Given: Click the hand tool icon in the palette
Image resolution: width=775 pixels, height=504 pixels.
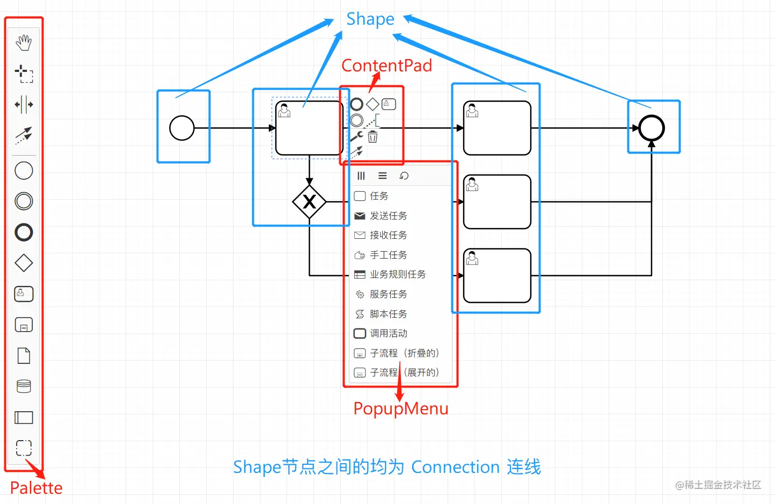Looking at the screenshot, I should [24, 42].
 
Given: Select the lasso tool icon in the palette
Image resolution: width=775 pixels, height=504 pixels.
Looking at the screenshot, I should [24, 74].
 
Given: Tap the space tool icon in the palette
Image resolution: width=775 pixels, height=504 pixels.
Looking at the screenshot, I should [24, 104].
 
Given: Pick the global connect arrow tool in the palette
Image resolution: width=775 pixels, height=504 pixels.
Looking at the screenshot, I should [24, 135].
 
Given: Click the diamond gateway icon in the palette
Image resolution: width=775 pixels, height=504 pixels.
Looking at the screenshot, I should [24, 263].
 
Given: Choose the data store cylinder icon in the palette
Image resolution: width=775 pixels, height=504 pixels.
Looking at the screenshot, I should [24, 386].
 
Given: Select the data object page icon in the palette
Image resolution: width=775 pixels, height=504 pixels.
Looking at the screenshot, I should [24, 355].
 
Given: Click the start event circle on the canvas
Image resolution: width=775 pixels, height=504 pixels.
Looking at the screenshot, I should [182, 128].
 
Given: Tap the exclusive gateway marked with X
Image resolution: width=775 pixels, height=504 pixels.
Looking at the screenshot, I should [309, 202].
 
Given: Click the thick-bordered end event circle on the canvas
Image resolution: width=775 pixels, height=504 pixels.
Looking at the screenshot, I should [652, 128].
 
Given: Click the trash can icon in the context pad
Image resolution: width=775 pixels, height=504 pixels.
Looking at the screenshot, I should [372, 137].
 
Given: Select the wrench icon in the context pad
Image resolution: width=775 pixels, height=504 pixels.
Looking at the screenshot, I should [356, 137].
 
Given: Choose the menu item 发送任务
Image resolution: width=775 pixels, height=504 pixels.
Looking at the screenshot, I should [388, 216].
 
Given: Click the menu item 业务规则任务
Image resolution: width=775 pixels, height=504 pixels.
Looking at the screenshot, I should [397, 274].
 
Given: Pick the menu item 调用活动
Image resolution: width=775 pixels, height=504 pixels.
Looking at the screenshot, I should [388, 333].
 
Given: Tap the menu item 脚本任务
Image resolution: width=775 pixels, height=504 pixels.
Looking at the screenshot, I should [388, 314].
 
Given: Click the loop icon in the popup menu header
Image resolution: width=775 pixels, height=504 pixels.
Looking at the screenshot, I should [404, 176].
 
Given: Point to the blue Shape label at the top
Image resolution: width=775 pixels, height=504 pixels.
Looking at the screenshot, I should [370, 19].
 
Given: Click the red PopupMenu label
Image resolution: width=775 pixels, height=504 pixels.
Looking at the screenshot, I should [400, 408].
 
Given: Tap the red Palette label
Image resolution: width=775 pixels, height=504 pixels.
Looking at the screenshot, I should [36, 488].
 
